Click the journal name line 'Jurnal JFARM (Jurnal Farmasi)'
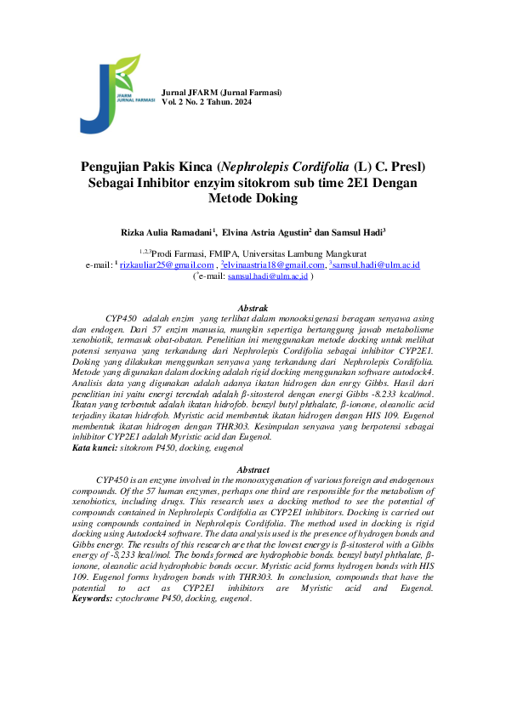(x=221, y=92)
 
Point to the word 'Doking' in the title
(x=272, y=198)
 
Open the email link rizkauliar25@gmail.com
(x=167, y=265)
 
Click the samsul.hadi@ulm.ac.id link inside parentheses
(x=267, y=276)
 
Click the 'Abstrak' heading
(x=253, y=307)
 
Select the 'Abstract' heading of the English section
(x=253, y=469)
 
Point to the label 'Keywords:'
(x=92, y=599)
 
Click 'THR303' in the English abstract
(x=209, y=579)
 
